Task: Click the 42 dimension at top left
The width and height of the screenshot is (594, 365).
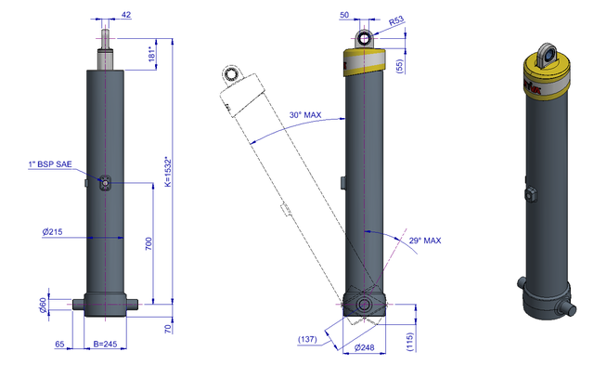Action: click(126, 15)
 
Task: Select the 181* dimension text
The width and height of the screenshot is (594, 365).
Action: click(152, 54)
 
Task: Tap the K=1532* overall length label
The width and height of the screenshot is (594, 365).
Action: click(168, 172)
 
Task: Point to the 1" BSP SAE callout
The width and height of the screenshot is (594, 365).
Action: click(50, 164)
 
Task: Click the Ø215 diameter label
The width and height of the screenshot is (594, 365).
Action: click(52, 231)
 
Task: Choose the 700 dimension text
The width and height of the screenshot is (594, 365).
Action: click(148, 243)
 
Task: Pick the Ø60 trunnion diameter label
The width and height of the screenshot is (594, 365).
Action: click(44, 306)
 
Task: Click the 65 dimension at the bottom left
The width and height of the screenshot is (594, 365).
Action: click(59, 344)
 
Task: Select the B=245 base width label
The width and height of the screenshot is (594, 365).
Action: click(105, 344)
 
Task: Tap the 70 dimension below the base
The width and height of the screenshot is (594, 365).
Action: click(168, 329)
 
